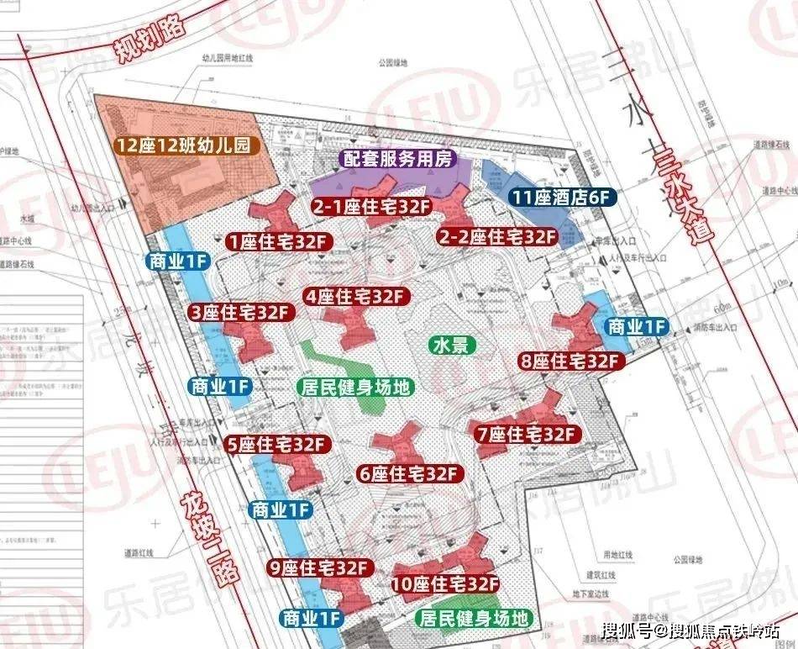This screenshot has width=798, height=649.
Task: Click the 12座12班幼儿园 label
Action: pyautogui.click(x=184, y=145)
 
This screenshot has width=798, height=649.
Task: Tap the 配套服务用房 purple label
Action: pyautogui.click(x=397, y=158)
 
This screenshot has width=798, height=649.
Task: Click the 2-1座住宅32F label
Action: pyautogui.click(x=365, y=205)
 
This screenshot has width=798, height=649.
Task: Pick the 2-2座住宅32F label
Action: pyautogui.click(x=498, y=236)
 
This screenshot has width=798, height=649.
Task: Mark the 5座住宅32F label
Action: pyautogui.click(x=275, y=443)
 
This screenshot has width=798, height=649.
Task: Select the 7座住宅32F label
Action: pyautogui.click(x=526, y=435)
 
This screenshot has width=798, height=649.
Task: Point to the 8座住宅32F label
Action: pyautogui.click(x=569, y=361)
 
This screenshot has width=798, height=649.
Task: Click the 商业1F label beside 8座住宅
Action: pyautogui.click(x=636, y=325)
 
